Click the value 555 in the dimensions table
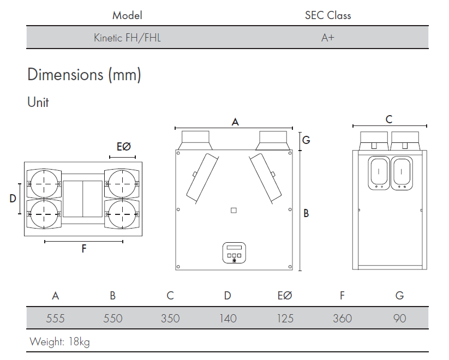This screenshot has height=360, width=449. tap(55, 318)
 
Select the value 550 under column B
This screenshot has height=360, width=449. tap(112, 318)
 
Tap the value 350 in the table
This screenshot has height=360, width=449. tap(170, 318)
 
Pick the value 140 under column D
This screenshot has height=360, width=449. tap(228, 318)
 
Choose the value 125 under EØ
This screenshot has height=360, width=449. tap(285, 318)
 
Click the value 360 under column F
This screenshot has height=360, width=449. tap(342, 318)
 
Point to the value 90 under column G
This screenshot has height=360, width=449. tap(399, 318)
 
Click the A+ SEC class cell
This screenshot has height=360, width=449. tap(327, 38)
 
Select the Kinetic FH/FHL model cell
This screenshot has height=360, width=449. tap(127, 38)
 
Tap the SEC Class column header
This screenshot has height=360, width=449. tap(327, 15)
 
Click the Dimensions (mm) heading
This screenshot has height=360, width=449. tap(84, 75)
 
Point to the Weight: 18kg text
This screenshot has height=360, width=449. tap(59, 342)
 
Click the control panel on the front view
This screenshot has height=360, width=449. tap(234, 253)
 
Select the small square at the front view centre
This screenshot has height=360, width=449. tap(234, 211)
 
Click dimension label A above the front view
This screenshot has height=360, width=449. tap(235, 122)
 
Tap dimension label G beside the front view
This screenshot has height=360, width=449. tap(306, 140)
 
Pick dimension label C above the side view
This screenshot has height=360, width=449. tap(388, 119)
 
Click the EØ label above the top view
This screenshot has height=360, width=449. tap(124, 147)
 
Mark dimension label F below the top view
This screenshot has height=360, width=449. tap(84, 249)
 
